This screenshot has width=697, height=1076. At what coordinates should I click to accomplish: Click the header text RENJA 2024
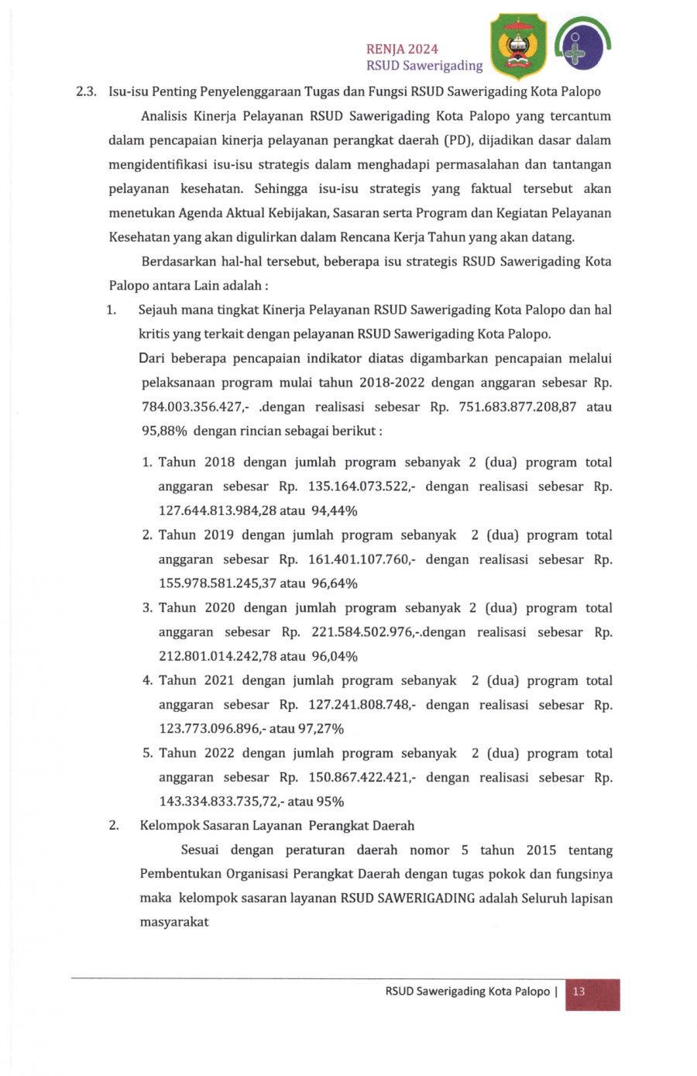click(402, 49)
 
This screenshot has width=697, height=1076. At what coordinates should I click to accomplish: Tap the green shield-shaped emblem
click(519, 46)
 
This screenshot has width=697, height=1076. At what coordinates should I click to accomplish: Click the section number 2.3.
click(85, 91)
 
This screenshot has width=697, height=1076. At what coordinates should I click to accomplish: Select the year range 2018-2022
click(390, 383)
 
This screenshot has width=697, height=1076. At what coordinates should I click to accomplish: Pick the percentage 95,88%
click(163, 431)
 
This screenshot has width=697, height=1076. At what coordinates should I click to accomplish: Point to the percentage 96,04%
click(334, 656)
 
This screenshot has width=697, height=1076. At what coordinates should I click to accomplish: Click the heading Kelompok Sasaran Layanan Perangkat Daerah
click(276, 826)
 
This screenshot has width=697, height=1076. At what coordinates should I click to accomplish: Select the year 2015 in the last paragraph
click(541, 850)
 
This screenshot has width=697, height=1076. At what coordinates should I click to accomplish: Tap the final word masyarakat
click(174, 923)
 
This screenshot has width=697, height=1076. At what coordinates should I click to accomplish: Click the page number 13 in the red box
click(579, 992)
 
